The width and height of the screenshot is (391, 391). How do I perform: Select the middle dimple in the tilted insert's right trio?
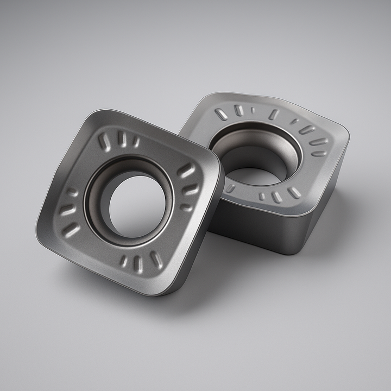(x=191, y=189)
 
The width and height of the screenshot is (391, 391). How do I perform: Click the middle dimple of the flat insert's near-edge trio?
(x=277, y=197)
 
